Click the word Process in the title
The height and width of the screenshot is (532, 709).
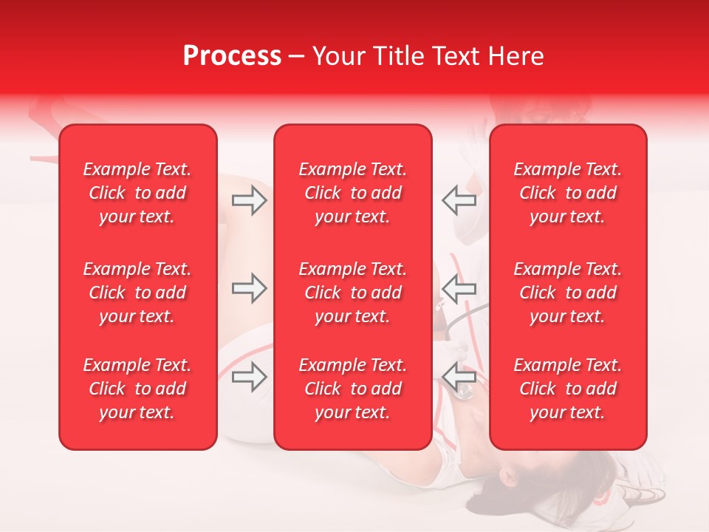[232, 56]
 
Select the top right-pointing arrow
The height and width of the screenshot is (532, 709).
[249, 200]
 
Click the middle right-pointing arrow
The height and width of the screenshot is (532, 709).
[249, 289]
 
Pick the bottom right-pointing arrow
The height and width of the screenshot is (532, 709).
[249, 377]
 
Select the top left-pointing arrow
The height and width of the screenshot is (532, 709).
[459, 200]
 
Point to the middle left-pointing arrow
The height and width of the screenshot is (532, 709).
[459, 289]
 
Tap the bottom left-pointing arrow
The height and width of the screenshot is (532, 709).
[459, 377]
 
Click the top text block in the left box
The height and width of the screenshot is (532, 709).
[137, 193]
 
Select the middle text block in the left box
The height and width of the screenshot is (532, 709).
[137, 293]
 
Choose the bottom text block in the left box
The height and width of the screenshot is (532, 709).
[137, 389]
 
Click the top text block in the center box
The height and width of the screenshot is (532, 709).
[352, 193]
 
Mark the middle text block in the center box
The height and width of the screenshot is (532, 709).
[352, 293]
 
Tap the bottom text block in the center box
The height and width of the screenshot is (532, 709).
[352, 389]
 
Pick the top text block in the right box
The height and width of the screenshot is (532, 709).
[568, 193]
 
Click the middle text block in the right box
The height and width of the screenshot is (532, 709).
[568, 293]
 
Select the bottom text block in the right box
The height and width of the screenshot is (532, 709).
[568, 389]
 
